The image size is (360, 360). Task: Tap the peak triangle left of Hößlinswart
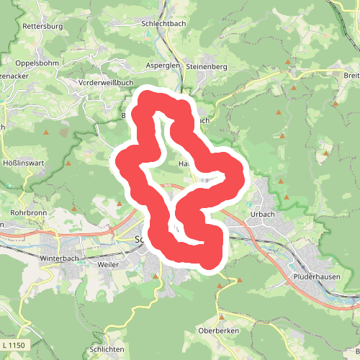coord(69,163)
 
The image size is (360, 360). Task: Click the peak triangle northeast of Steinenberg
coord(289,63)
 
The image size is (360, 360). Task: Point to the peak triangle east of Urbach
coord(287,197)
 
